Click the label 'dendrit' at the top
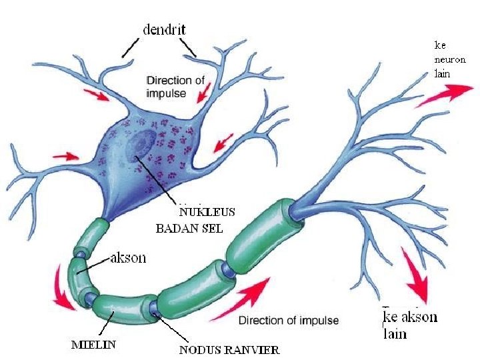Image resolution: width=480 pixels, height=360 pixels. [x=165, y=29]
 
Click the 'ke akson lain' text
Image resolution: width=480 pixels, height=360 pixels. [x=409, y=325]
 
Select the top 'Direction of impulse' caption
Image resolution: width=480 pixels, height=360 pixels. [x=175, y=87]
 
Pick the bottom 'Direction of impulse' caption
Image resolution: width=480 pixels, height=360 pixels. [x=288, y=321]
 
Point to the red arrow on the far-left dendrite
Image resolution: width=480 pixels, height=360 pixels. [x=65, y=157]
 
